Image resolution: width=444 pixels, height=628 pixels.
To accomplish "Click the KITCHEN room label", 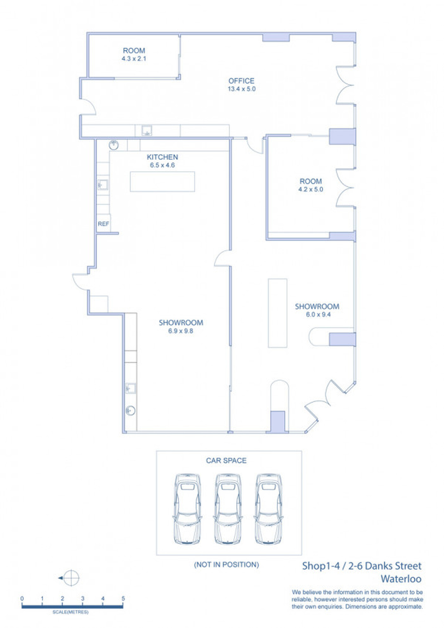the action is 162,157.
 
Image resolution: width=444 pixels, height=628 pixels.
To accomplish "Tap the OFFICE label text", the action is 241,81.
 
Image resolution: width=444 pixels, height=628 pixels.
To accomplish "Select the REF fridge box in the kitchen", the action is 103,224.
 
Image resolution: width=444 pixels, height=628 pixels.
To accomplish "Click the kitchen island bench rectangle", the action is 162,181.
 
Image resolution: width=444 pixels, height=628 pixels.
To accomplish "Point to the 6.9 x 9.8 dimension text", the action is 180,331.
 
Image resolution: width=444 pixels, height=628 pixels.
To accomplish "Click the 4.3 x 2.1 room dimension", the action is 134,59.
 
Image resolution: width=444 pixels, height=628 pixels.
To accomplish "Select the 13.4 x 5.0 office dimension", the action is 242,89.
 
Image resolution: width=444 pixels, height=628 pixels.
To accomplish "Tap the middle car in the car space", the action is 228,509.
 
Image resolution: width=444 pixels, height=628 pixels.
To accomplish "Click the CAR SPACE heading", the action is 226,461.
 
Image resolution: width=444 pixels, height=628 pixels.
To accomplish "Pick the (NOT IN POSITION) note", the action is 226,565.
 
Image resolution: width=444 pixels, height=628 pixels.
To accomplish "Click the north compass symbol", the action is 71,578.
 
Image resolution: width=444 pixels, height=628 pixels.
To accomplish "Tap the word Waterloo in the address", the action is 401,579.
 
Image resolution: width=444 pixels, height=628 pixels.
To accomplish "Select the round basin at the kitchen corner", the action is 114,145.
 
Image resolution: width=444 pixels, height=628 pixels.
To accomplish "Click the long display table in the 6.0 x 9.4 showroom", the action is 277,313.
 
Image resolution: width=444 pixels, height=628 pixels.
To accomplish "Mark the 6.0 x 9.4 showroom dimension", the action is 318,315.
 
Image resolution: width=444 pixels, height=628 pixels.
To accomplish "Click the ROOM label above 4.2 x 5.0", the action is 311,181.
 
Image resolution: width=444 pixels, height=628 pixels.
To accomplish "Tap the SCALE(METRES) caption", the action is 70,612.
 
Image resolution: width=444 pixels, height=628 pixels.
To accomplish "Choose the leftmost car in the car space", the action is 187,509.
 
